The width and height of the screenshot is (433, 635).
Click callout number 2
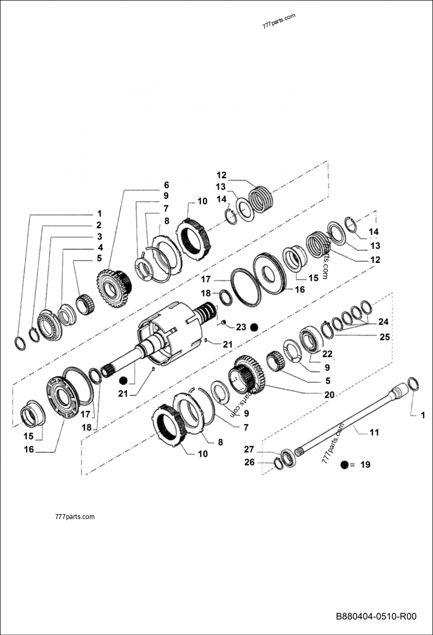pyautogui.click(x=99, y=225)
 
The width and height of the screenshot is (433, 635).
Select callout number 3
pyautogui.click(x=99, y=236)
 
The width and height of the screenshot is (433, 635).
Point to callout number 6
pyautogui.click(x=167, y=185)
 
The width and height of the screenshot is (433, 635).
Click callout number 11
pyautogui.click(x=374, y=432)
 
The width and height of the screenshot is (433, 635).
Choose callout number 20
pyautogui.click(x=329, y=394)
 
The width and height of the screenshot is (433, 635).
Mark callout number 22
pyautogui.click(x=327, y=354)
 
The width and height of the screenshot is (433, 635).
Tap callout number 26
pyautogui.click(x=248, y=462)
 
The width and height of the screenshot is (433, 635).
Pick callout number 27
pyautogui.click(x=248, y=449)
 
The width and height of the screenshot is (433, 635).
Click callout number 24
pyautogui.click(x=383, y=321)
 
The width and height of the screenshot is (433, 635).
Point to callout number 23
pyautogui.click(x=241, y=327)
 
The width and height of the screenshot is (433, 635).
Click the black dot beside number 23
pyautogui.click(x=254, y=327)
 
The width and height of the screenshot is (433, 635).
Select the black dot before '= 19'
pyautogui.click(x=344, y=464)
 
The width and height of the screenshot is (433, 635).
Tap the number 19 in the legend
pyautogui.click(x=365, y=464)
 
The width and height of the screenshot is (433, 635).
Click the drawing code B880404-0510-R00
pyautogui.click(x=376, y=617)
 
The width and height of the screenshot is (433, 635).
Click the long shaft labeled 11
pyautogui.click(x=346, y=423)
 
